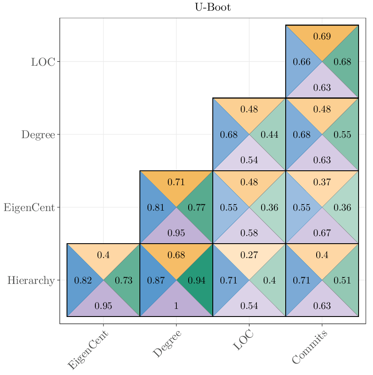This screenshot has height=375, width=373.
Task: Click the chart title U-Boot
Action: click(213, 7)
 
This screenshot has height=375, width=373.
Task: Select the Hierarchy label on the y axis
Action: click(31, 280)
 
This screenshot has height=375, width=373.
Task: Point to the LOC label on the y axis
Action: click(43, 62)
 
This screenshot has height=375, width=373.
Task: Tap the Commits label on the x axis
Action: click(310, 347)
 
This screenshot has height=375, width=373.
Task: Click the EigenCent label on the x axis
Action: click(88, 350)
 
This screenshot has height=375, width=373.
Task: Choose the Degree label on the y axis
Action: click(38, 135)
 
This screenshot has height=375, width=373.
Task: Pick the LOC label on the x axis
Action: click(243, 341)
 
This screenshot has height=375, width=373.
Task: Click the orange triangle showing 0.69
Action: click(322, 36)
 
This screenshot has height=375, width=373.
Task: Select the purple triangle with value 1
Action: click(176, 306)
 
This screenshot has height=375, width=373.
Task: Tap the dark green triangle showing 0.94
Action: click(197, 280)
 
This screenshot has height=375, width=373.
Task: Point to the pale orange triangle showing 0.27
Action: click(249, 255)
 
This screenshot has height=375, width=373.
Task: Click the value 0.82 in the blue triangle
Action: click(83, 281)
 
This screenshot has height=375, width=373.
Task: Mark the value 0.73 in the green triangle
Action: click(124, 281)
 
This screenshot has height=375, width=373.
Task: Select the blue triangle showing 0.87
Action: click(156, 280)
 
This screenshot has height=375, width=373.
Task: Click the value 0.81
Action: click(156, 208)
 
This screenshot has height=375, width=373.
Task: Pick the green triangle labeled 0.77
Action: click(197, 208)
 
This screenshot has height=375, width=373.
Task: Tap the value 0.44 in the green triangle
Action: click(270, 135)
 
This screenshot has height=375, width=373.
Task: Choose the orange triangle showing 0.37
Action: click(322, 182)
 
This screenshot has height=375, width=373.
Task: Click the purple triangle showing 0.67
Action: click(322, 233)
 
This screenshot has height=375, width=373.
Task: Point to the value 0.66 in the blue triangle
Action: click(302, 62)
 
